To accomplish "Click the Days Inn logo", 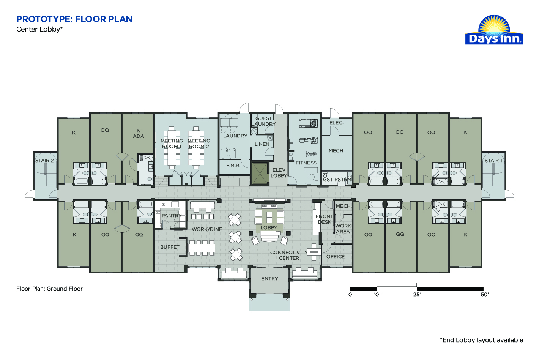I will (494, 30).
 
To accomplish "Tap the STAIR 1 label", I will (493, 161).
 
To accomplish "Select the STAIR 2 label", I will (44, 161).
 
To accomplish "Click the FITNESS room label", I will (306, 163).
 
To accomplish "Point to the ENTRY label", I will (269, 279).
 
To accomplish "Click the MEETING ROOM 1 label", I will (172, 144).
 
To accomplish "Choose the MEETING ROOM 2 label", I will (199, 144).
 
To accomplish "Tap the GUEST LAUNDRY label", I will (263, 121).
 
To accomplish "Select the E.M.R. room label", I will (233, 166).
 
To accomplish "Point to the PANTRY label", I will (172, 216).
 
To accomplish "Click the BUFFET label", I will (170, 247).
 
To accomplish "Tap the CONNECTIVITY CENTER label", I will (289, 255).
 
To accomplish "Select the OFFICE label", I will (336, 257).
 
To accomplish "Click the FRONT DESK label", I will (325, 219).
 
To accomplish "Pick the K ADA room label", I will (139, 133).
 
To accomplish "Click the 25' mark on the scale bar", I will (417, 295).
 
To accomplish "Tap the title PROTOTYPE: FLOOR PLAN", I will (74, 19).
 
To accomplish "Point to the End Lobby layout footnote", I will (481, 340).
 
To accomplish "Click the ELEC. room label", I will (336, 123).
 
